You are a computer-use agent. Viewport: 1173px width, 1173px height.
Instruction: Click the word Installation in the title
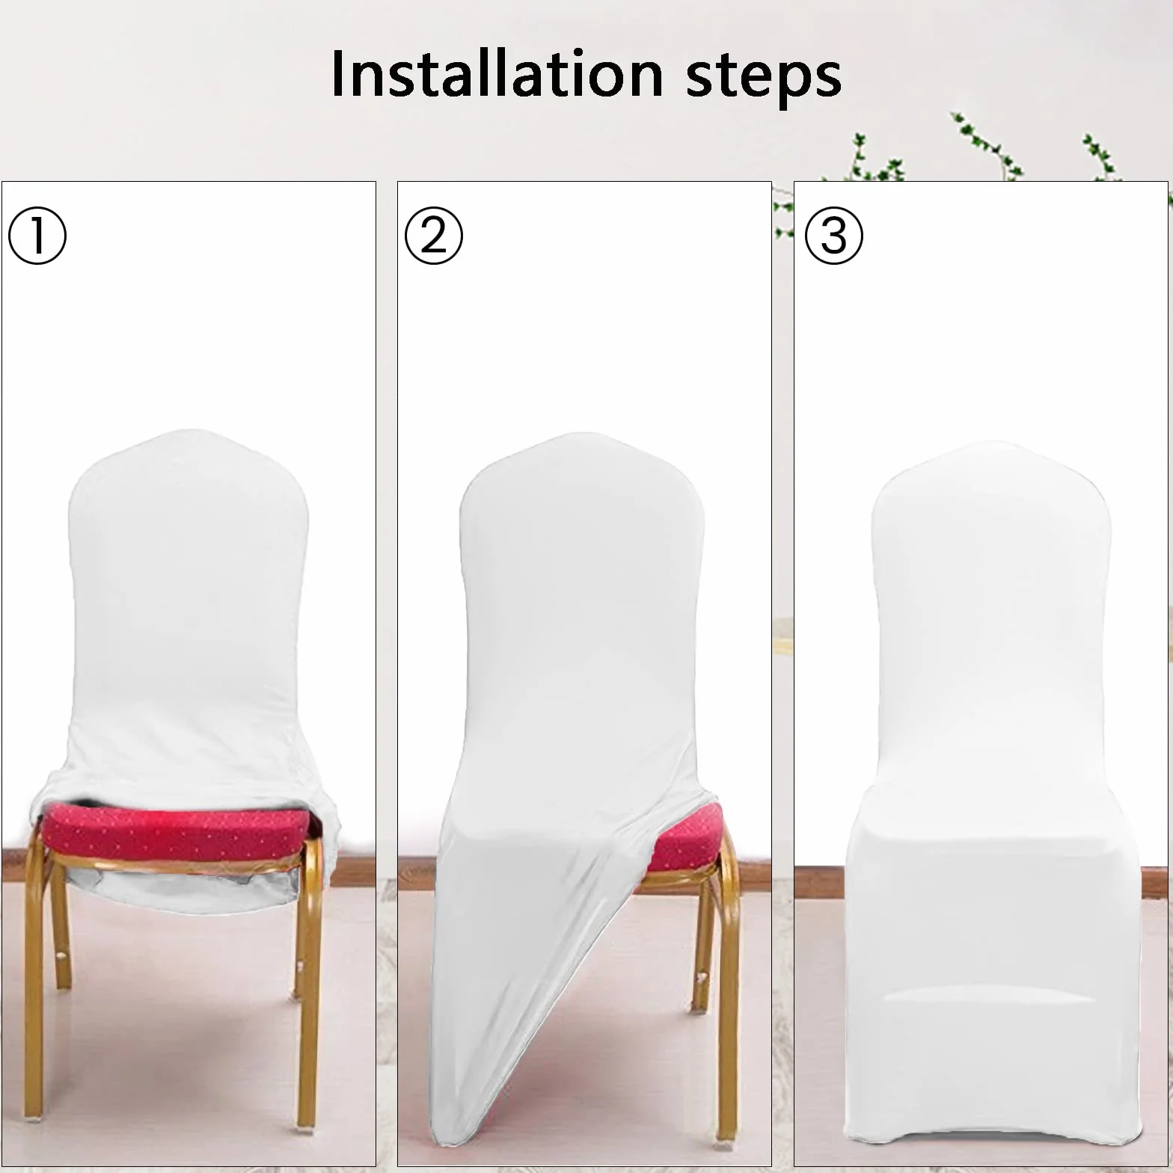(497, 73)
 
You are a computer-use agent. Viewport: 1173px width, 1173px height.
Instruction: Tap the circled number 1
(37, 236)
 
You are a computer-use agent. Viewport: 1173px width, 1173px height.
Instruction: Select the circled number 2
(434, 236)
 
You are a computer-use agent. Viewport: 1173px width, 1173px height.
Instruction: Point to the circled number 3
(834, 236)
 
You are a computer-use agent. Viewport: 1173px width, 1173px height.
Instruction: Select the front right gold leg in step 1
(307, 980)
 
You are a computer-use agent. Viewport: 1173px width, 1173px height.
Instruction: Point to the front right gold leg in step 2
(724, 995)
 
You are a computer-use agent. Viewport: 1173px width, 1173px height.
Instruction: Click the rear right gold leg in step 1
(295, 950)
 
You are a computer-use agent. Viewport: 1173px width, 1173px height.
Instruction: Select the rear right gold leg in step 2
(699, 950)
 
